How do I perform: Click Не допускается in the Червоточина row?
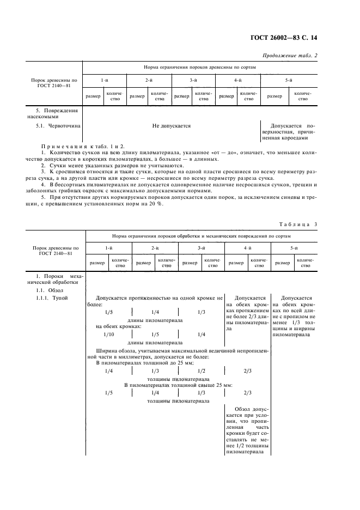pyautogui.click(x=171, y=125)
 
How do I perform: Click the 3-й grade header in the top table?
pyautogui.click(x=193, y=81)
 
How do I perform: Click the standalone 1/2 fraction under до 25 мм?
pyautogui.click(x=201, y=371)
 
